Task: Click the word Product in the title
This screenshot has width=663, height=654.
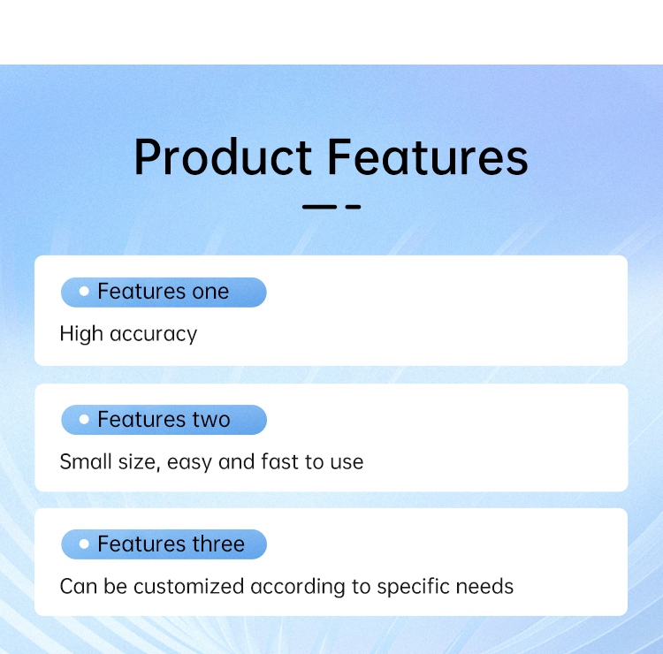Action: [224, 157]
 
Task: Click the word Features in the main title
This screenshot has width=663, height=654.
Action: [428, 157]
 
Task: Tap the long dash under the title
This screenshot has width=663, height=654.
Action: [319, 207]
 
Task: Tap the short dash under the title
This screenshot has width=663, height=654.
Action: [353, 207]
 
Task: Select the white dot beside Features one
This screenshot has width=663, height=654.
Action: [84, 292]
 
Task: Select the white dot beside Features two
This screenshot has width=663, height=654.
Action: [84, 420]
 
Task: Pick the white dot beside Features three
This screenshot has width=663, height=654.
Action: [84, 544]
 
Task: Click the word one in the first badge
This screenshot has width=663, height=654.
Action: [210, 293]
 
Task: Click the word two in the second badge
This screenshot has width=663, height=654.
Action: [211, 420]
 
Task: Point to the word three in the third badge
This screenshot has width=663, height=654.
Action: [218, 544]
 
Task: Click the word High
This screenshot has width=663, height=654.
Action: [81, 334]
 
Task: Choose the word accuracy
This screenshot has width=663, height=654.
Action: [154, 335]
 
